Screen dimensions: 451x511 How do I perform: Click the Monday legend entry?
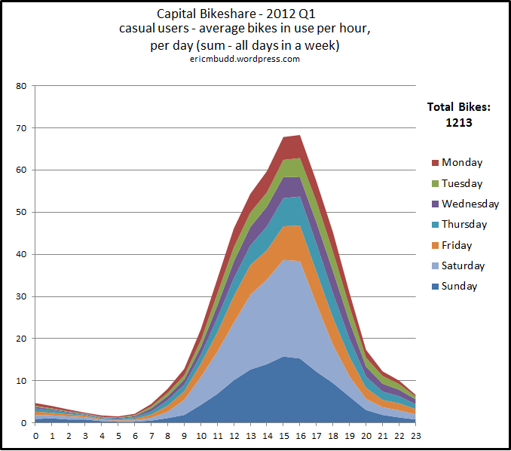click(x=462, y=162)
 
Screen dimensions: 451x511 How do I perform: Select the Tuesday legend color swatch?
click(x=435, y=183)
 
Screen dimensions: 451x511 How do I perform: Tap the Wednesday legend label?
click(x=470, y=204)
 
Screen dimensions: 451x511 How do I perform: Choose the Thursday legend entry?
click(x=464, y=224)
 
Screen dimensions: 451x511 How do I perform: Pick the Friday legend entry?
click(x=457, y=245)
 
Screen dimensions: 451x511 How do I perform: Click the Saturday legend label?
click(x=463, y=265)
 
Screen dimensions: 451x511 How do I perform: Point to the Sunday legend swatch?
click(x=435, y=287)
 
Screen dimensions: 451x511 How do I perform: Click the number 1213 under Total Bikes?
click(x=457, y=121)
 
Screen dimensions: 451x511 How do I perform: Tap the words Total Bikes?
click(x=457, y=106)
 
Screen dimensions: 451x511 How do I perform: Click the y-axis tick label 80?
click(x=21, y=86)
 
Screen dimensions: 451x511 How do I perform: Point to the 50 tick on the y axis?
click(x=21, y=213)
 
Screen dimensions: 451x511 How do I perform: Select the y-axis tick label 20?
click(x=21, y=339)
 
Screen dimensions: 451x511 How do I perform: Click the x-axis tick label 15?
click(x=283, y=435)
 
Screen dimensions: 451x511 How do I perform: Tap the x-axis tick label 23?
click(x=415, y=435)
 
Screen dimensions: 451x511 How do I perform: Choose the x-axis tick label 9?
click(x=184, y=435)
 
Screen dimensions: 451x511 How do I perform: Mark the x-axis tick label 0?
click(x=35, y=435)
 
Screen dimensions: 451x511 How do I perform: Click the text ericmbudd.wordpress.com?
click(x=245, y=59)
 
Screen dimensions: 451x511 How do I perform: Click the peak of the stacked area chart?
click(x=299, y=136)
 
